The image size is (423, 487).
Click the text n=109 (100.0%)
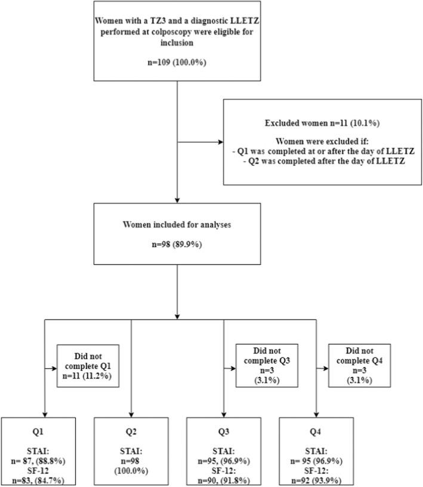tap(177, 61)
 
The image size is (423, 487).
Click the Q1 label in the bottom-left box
tap(38, 429)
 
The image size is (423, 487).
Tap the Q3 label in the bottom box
tap(224, 429)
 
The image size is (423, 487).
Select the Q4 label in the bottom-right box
tap(316, 429)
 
